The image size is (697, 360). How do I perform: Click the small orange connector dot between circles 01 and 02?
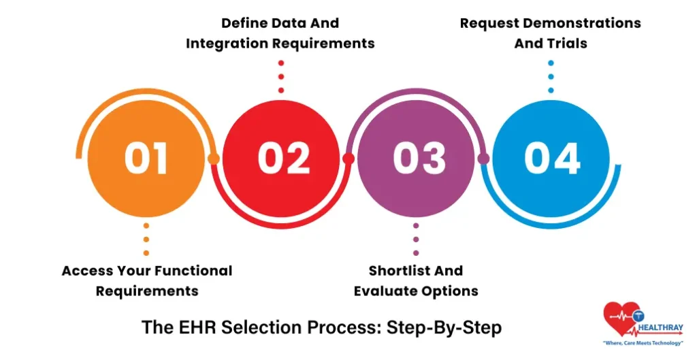coord(214,159)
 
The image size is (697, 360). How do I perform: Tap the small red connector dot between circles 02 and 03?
coord(348,159)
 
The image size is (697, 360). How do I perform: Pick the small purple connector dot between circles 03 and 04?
coord(484,159)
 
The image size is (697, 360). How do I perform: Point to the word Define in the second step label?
coord(243,23)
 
